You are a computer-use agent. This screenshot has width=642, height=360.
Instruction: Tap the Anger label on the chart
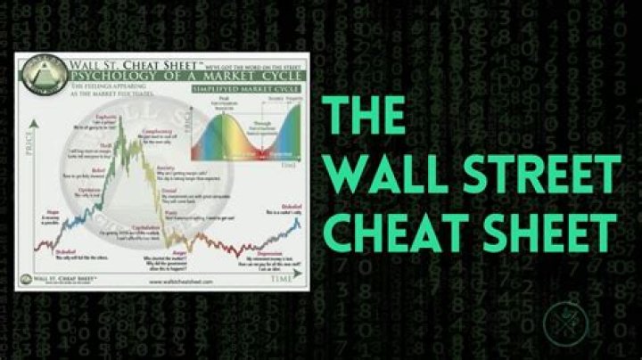[179, 250]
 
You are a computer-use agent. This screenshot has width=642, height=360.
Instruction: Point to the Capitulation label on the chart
[145, 227]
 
